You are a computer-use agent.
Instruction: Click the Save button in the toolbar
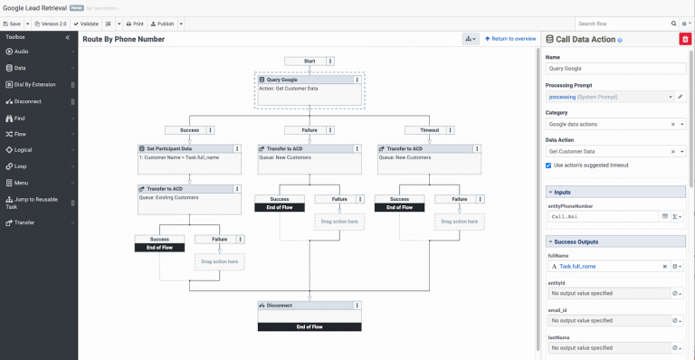[14, 24]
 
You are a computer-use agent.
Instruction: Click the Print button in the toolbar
[134, 24]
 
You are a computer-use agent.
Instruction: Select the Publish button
[163, 24]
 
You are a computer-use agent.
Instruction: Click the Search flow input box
[621, 24]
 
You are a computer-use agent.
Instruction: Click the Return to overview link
[510, 39]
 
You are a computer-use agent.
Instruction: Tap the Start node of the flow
[309, 61]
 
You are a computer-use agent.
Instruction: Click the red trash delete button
[683, 39]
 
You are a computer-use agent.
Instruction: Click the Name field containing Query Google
[615, 68]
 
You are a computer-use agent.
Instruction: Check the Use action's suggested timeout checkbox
[549, 166]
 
